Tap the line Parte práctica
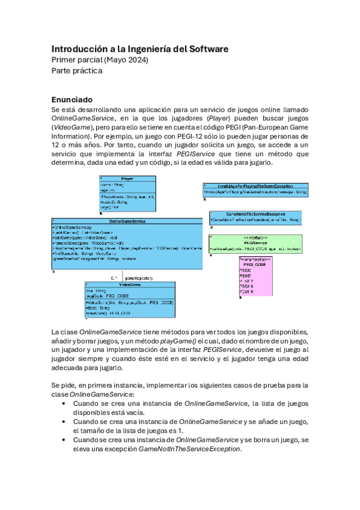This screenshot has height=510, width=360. point(76,71)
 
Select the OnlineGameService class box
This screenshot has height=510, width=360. point(127,244)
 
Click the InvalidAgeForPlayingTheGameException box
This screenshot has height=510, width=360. point(256,189)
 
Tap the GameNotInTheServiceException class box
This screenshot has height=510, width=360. point(255,217)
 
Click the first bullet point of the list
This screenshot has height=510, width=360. point(64,404)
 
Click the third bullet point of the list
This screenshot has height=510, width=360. point(64,440)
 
